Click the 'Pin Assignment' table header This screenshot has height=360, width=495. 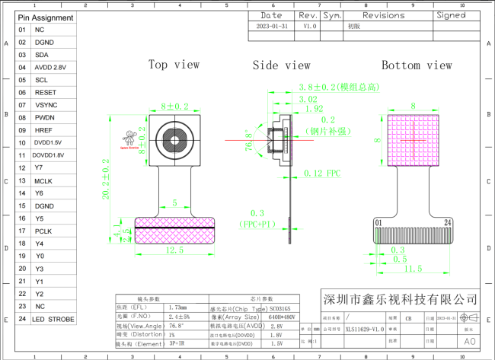46,18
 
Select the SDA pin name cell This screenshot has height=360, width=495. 41,55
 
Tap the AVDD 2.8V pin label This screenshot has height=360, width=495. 50,67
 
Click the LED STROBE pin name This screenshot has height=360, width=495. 53,319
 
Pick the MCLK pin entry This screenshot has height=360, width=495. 43,180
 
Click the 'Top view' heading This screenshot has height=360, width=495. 174,65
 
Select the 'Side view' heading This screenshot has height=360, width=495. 281,65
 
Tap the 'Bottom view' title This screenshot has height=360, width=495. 417,65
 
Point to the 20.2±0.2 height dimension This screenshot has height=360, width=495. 106,179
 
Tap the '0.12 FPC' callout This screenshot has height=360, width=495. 322,174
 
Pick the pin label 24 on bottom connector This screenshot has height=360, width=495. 448,222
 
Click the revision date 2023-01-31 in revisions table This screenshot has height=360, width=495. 272,25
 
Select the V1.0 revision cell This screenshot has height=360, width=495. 308,25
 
